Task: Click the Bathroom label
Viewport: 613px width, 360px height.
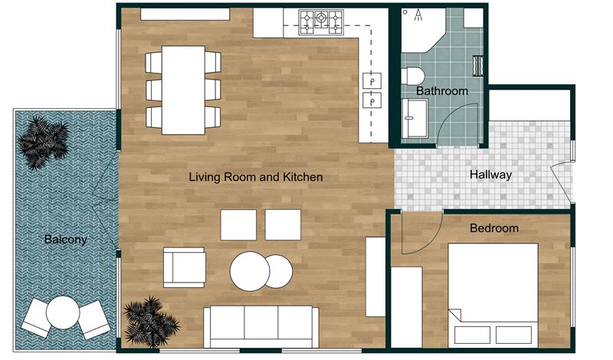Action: coord(441,91)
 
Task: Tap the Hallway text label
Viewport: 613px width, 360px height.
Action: coord(490,175)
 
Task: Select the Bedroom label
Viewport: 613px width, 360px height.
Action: coord(493,227)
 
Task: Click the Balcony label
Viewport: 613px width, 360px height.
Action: coord(65,239)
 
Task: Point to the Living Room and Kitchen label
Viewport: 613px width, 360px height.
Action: coord(256,177)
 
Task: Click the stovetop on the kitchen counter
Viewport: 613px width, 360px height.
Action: coord(322,21)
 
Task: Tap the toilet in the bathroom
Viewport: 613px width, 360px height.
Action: coord(415,77)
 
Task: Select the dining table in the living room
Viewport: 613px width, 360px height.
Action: coord(182,90)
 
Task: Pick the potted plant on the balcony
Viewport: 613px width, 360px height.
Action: coord(44,142)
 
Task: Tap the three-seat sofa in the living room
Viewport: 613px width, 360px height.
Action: coord(261,326)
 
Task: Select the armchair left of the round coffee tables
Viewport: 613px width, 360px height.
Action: coord(184,267)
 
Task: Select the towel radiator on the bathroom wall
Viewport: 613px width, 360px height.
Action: coord(478,65)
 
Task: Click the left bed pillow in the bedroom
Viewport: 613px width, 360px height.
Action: coord(471,334)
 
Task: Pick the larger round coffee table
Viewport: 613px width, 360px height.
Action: coord(251,272)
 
